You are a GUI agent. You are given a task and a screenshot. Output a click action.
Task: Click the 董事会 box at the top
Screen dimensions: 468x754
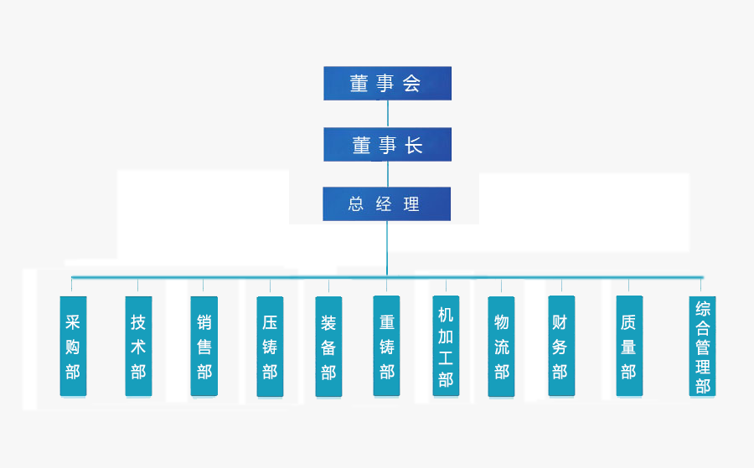(x=387, y=84)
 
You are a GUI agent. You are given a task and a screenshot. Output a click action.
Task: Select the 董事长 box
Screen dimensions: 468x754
(x=387, y=145)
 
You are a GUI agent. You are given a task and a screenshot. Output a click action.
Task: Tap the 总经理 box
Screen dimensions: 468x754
(x=386, y=204)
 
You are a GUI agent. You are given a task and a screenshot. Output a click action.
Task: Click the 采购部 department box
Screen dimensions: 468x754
(x=73, y=346)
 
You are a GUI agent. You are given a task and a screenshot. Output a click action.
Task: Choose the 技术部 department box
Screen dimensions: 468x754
(x=138, y=346)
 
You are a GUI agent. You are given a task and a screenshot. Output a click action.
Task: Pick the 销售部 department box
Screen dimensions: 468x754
(x=204, y=346)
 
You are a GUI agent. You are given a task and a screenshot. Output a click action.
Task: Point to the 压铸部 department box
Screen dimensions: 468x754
(x=270, y=346)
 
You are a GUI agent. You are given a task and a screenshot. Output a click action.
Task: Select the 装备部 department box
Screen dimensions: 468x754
(x=328, y=346)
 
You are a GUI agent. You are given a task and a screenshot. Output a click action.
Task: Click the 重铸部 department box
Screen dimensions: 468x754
(x=386, y=346)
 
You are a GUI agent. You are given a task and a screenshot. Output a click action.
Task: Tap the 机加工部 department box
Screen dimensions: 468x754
(x=446, y=346)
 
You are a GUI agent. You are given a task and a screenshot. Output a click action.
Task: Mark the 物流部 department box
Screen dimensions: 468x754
(x=501, y=346)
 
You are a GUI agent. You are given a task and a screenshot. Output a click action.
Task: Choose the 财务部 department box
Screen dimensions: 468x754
(x=560, y=346)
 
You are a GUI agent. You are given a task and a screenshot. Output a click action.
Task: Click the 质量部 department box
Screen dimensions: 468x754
(x=629, y=346)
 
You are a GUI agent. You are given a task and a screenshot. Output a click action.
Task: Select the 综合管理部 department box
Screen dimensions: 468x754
(x=702, y=346)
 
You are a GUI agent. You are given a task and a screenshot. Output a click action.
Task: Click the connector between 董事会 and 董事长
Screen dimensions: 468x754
(x=387, y=114)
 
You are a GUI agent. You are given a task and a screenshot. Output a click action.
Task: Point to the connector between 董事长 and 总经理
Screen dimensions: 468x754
(x=387, y=174)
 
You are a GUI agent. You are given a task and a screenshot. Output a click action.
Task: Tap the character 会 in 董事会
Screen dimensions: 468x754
(x=411, y=84)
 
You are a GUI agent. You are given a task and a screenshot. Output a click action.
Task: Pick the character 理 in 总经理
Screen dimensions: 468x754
(x=411, y=204)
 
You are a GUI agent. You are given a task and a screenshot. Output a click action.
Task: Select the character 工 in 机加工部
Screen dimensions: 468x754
(x=446, y=357)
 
